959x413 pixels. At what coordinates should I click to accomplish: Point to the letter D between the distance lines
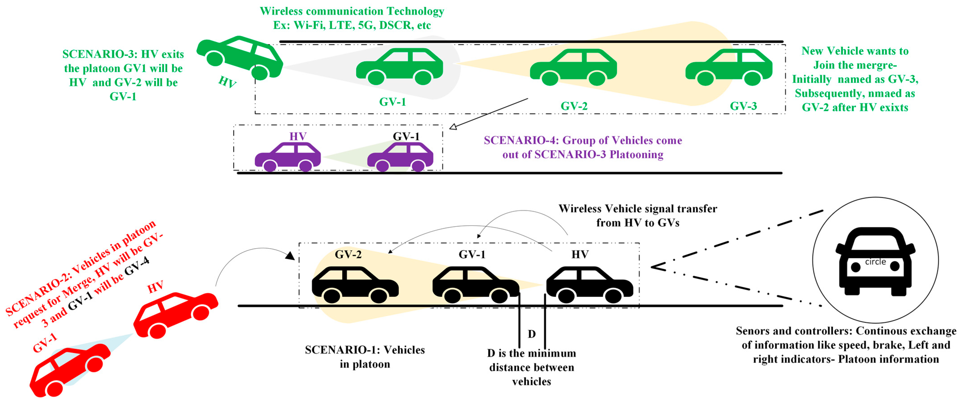[532, 334]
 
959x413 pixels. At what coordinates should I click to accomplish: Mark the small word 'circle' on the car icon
[875, 262]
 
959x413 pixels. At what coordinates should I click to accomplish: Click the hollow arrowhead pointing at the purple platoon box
[453, 127]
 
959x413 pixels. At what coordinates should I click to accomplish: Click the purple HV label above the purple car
[298, 136]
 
